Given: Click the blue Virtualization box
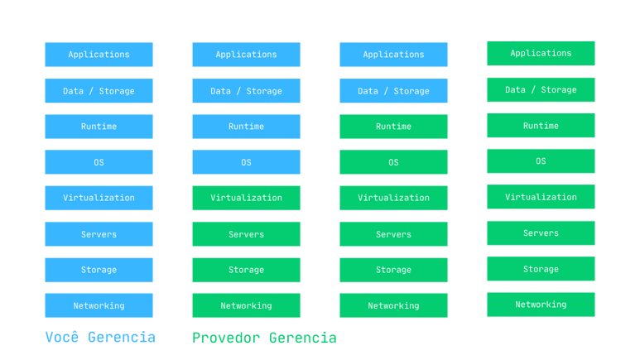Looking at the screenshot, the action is pyautogui.click(x=99, y=198).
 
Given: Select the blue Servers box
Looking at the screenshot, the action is pyautogui.click(x=99, y=234).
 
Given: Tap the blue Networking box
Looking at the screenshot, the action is pyautogui.click(x=99, y=305).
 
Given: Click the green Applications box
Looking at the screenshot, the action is pyautogui.click(x=541, y=53).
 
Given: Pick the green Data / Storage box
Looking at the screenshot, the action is pyautogui.click(x=541, y=90).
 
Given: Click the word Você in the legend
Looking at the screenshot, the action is pyautogui.click(x=61, y=337).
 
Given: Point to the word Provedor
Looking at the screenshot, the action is pyautogui.click(x=226, y=338).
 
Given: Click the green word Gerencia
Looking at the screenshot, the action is pyautogui.click(x=303, y=338).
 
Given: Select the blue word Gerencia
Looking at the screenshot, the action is pyautogui.click(x=122, y=337).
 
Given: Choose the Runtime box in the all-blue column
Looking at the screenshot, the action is pyautogui.click(x=99, y=127).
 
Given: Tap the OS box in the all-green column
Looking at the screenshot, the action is pyautogui.click(x=541, y=161).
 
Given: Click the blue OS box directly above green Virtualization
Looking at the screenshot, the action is pyautogui.click(x=246, y=162).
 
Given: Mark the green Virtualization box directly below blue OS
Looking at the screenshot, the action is pyautogui.click(x=246, y=198).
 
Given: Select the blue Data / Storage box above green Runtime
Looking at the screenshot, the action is pyautogui.click(x=393, y=90).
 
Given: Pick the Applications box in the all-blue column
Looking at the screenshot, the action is pyautogui.click(x=99, y=55).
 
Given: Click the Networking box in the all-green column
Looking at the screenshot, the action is pyautogui.click(x=541, y=305).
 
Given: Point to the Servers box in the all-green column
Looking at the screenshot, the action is pyautogui.click(x=541, y=233).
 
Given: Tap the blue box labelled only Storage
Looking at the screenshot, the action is pyautogui.click(x=99, y=270).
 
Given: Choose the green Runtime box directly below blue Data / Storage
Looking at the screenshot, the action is pyautogui.click(x=393, y=127).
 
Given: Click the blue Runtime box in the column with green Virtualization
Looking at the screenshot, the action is pyautogui.click(x=246, y=127).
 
